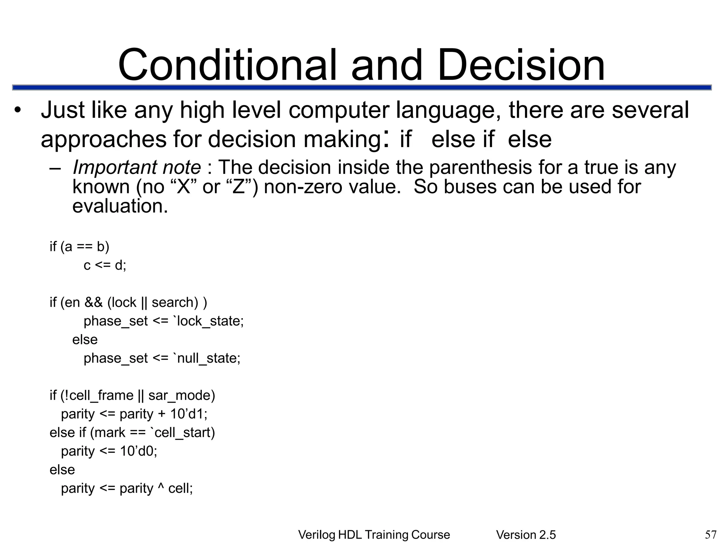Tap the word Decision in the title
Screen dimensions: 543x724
pos(521,65)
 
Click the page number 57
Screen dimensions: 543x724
pos(711,535)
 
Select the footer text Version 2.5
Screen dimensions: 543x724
pos(526,535)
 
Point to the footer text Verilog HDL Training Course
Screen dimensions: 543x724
pos(374,535)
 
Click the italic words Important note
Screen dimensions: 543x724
pos(136,167)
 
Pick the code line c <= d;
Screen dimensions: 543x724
pos(105,265)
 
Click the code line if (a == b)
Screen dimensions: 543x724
pos(79,246)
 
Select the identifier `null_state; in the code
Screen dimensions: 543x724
pos(207,358)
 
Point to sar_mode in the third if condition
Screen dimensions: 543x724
pos(181,395)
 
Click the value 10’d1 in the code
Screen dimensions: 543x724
pos(187,414)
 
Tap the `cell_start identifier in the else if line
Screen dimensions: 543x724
pos(182,432)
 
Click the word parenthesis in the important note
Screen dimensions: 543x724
pos(480,167)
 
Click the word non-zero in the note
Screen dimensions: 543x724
pos(303,187)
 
